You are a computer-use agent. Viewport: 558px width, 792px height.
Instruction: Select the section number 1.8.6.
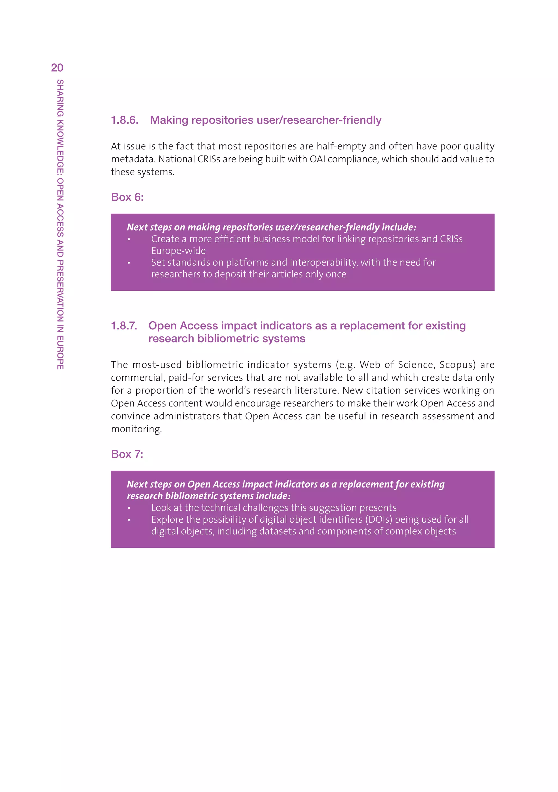125,120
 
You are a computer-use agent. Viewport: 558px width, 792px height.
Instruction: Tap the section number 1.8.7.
124,326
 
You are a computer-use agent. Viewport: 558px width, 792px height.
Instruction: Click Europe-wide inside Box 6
178,251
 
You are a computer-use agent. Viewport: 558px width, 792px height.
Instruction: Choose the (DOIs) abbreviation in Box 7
378,519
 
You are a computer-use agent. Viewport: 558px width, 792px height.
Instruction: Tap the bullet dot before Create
129,239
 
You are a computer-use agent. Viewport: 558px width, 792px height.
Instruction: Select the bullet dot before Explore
129,520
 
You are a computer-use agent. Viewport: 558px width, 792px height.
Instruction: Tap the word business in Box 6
259,239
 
